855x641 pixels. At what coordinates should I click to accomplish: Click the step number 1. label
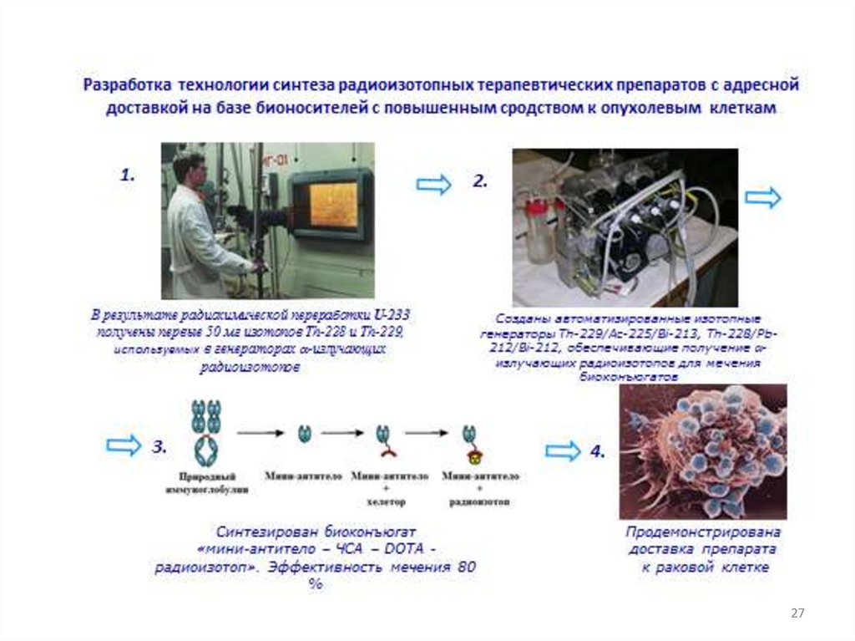coord(127,176)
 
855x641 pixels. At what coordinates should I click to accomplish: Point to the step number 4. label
coord(597,451)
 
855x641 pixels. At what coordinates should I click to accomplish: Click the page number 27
coord(797,614)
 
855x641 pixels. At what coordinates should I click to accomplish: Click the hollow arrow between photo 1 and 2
coord(433,185)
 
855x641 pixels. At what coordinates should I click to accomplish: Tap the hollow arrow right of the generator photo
coord(763,197)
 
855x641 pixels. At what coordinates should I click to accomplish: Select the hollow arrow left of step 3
coord(124,445)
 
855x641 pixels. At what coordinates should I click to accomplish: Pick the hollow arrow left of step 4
coord(562,451)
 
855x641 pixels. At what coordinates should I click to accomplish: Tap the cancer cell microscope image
coord(702,451)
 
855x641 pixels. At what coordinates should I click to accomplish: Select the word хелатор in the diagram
coord(386,503)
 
